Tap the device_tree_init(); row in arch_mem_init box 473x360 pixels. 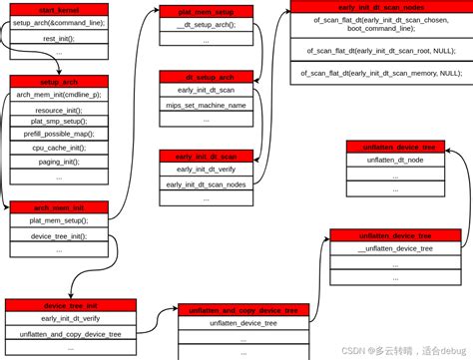tap(58, 235)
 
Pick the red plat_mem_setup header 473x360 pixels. tap(206, 11)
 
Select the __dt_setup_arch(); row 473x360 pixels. tap(206, 25)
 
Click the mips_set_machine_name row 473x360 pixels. tap(206, 104)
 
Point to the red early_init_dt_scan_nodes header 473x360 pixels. tap(380, 6)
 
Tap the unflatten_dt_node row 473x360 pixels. tap(395, 160)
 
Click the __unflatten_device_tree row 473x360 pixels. tap(395, 248)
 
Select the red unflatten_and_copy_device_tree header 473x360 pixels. tap(243, 310)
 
